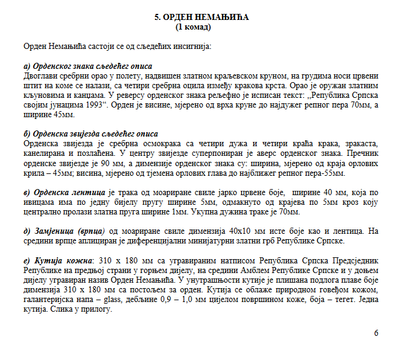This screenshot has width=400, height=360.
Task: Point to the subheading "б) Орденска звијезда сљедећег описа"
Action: tap(90, 133)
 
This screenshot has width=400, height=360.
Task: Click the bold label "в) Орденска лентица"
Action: tap(62, 191)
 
